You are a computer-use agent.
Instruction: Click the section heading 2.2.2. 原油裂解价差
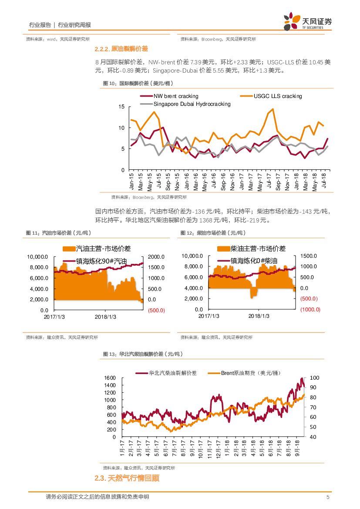pyautogui.click(x=121, y=49)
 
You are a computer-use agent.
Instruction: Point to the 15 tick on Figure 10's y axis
pyautogui.click(x=122, y=107)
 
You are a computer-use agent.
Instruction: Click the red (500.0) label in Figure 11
pyautogui.click(x=156, y=310)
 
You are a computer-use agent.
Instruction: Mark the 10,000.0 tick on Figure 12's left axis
pyautogui.click(x=192, y=256)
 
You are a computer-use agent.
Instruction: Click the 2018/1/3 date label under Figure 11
pyautogui.click(x=106, y=317)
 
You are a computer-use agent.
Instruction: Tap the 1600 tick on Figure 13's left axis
pyautogui.click(x=110, y=378)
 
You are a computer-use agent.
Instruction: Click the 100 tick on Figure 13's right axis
pyautogui.click(x=314, y=378)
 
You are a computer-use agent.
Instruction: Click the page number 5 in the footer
pyautogui.click(x=328, y=497)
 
